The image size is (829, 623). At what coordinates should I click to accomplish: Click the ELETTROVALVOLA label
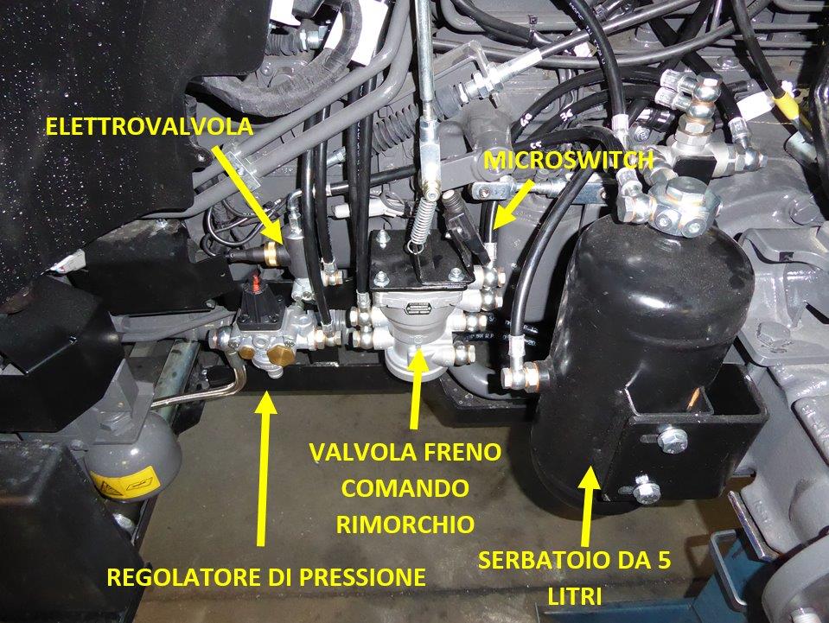[150, 127]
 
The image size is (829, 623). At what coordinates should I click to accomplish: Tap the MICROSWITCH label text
[568, 160]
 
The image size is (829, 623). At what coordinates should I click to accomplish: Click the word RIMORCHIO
[405, 524]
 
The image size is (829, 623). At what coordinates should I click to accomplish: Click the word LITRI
[574, 597]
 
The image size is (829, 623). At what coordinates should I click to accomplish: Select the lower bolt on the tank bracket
[647, 490]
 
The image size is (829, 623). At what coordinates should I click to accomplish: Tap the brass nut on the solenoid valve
[271, 253]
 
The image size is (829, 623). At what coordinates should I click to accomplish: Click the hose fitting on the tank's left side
[523, 376]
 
